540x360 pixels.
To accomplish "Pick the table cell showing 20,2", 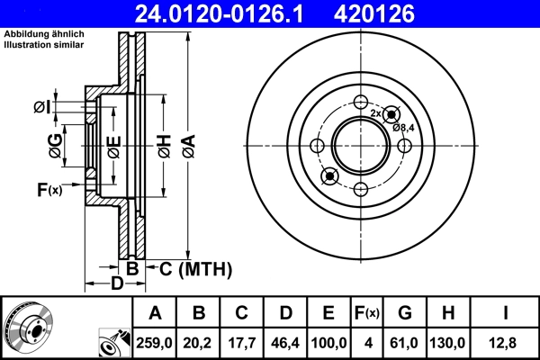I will click(199, 342).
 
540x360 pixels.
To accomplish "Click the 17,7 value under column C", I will click(242, 342).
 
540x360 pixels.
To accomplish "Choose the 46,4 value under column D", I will click(285, 342).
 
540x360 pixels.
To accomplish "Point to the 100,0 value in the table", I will click(328, 342).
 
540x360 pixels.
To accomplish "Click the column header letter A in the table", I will click(155, 313).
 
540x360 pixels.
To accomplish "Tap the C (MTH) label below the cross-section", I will click(196, 269).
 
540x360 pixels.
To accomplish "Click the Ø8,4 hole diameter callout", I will click(403, 127).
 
